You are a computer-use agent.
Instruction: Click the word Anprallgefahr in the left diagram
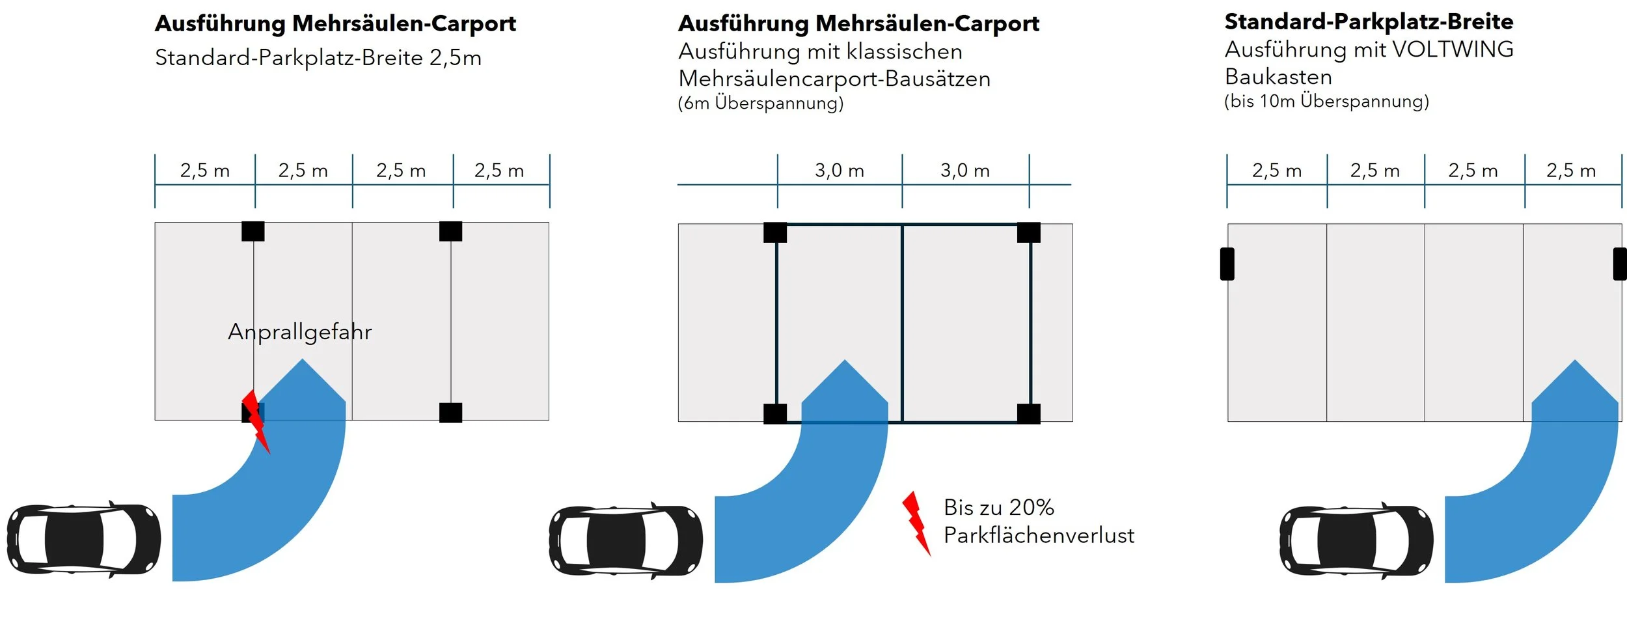click(x=299, y=332)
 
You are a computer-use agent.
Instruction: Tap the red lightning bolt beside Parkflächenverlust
click(x=916, y=523)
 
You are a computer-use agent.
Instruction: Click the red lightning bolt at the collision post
click(x=256, y=420)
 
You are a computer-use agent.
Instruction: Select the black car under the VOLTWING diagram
click(x=1356, y=540)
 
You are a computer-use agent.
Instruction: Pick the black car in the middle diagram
click(x=625, y=541)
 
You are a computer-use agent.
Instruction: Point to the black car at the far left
click(x=83, y=540)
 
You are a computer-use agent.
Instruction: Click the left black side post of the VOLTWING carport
click(x=1227, y=264)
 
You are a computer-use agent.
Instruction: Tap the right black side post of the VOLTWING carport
click(x=1619, y=264)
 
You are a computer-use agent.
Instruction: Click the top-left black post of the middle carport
click(x=774, y=232)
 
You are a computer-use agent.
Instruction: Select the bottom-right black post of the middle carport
click(x=1028, y=413)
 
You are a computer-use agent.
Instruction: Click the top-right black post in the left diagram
click(x=450, y=231)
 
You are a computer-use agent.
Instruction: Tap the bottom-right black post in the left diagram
click(x=450, y=413)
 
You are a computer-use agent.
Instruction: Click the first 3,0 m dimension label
click(x=839, y=171)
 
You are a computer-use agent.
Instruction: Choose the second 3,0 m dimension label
click(x=964, y=171)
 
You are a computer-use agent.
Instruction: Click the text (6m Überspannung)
click(x=760, y=103)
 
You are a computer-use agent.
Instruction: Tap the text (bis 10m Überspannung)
click(x=1326, y=101)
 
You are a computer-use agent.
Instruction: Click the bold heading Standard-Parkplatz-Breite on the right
click(x=1369, y=21)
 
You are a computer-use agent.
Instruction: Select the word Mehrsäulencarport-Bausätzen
click(x=834, y=79)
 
